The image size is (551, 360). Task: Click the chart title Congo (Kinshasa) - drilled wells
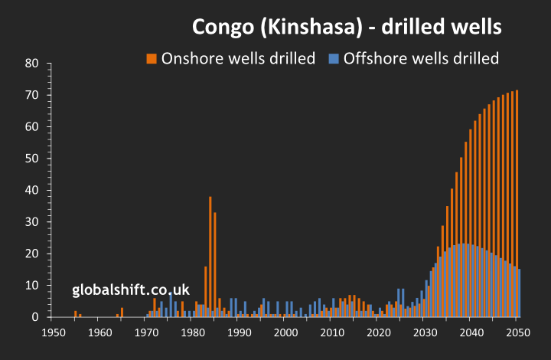point(347,28)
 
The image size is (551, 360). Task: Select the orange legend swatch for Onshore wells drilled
point(152,58)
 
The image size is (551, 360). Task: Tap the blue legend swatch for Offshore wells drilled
point(333,58)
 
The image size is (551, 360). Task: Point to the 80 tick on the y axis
point(31,64)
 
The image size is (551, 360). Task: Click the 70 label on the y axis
point(31,95)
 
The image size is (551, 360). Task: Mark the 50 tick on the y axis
point(31,159)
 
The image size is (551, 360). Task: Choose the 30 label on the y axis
point(31,222)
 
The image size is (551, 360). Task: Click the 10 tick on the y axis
point(31,285)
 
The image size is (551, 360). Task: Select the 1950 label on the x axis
point(54,332)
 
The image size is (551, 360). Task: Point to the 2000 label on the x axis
point(285,332)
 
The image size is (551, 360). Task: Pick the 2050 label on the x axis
point(518,332)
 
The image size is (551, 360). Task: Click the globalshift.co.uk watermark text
point(130,290)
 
